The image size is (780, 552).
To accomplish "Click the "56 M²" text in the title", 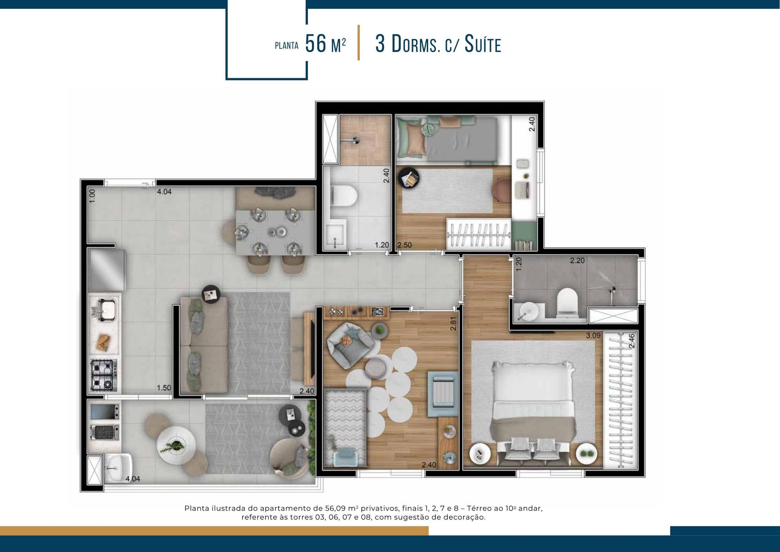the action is click(x=326, y=44).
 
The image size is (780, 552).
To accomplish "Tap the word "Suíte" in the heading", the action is click(x=483, y=44).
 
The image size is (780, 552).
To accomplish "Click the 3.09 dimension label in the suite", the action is click(x=593, y=335).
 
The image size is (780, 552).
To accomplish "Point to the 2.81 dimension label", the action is click(x=453, y=324).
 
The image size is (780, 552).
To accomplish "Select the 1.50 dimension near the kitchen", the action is click(x=164, y=388).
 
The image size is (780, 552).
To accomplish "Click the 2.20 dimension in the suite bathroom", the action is click(x=577, y=261).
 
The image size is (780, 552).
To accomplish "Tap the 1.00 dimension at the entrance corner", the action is click(x=92, y=195).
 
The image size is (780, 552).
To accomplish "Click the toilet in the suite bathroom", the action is click(x=567, y=303).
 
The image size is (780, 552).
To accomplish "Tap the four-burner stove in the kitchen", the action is click(x=103, y=375).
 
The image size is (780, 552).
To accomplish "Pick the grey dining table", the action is click(x=275, y=232).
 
